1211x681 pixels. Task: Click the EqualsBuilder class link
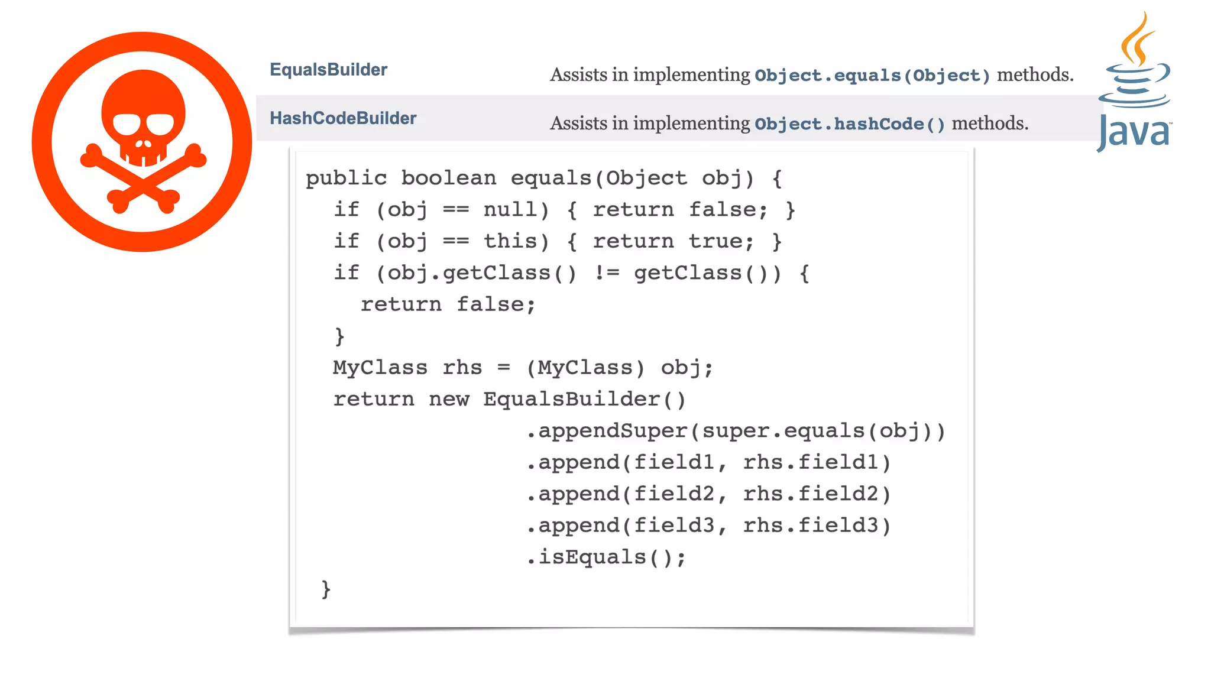tap(328, 70)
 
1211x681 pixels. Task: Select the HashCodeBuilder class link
tap(343, 118)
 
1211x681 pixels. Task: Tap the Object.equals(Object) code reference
tap(872, 76)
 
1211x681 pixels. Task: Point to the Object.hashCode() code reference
tap(850, 124)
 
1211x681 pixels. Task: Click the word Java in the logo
tap(1134, 132)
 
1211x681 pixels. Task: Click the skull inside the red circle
tap(143, 118)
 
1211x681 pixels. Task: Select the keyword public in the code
tap(346, 178)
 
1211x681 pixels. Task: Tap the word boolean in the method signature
tap(448, 178)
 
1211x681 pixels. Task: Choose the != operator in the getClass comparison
tap(606, 273)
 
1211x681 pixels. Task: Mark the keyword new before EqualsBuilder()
tap(449, 400)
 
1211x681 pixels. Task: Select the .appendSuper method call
tap(606, 431)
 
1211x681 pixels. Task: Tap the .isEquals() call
tap(605, 557)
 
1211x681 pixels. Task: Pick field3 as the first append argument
tap(674, 526)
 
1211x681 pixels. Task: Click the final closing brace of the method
tap(326, 589)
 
